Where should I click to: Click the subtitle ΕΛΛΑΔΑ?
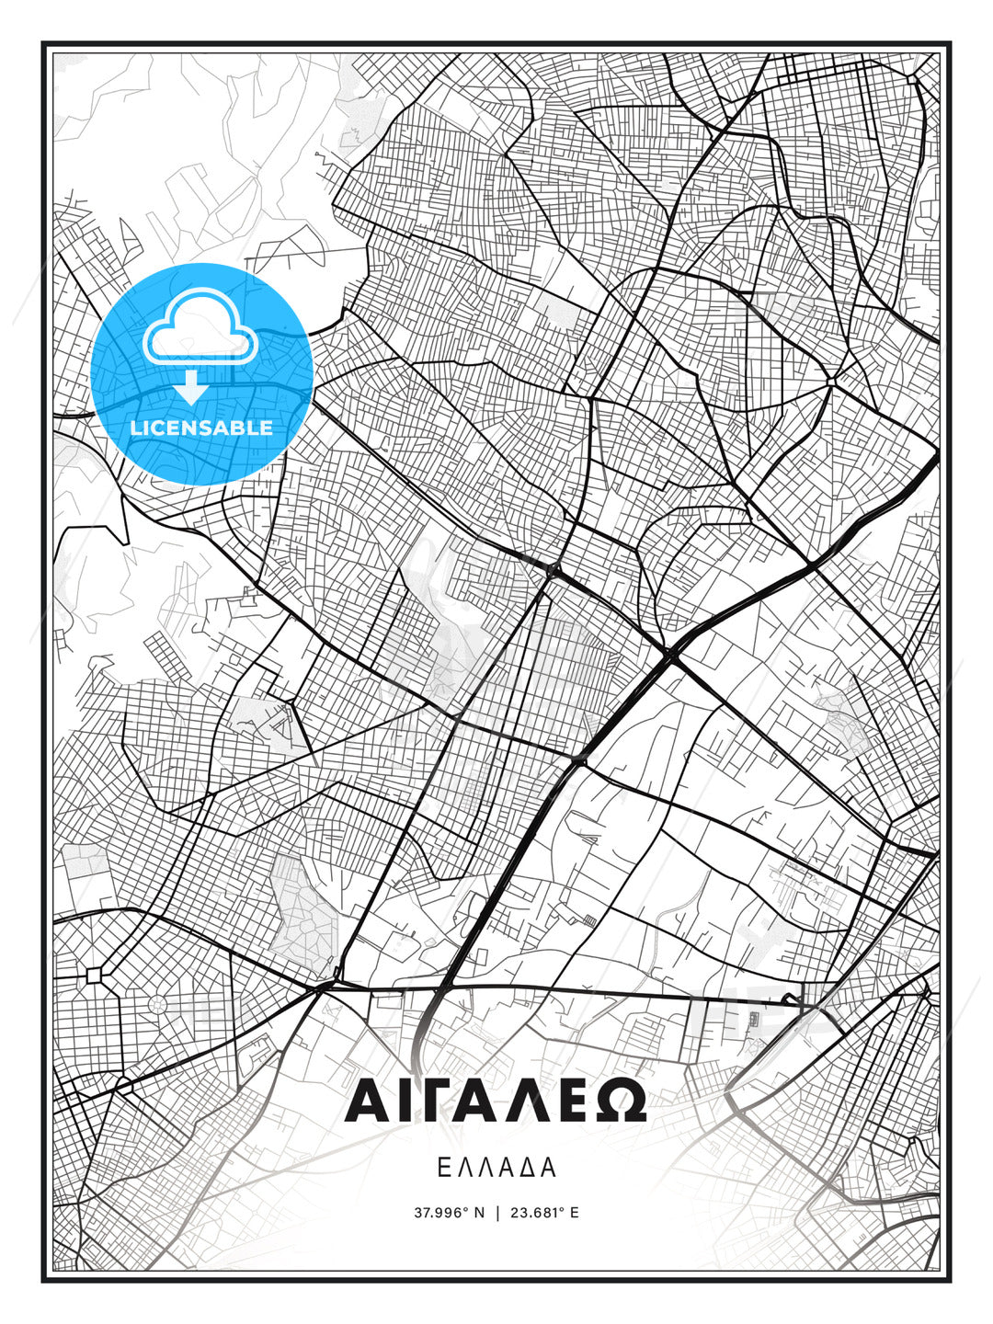tap(496, 1168)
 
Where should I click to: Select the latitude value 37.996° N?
tap(449, 1213)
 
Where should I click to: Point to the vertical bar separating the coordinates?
tap(497, 1213)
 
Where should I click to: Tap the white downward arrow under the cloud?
tap(192, 387)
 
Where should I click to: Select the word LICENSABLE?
tap(201, 428)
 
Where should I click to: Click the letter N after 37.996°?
tap(478, 1213)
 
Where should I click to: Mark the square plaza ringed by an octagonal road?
tap(94, 974)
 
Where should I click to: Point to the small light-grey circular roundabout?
tap(157, 1004)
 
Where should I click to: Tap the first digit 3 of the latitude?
tap(417, 1213)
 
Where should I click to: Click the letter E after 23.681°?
tap(575, 1213)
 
